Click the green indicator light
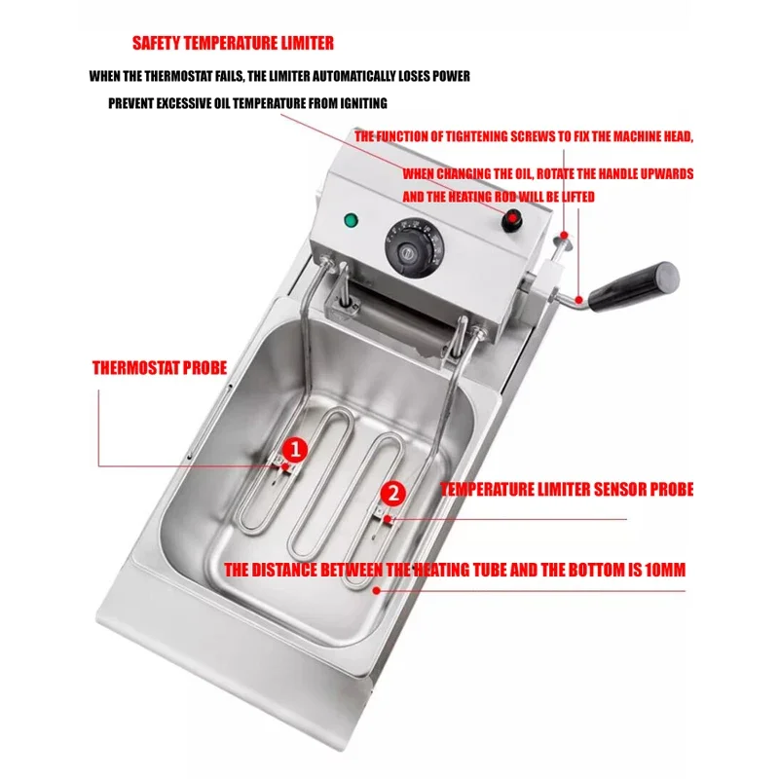pyautogui.click(x=352, y=220)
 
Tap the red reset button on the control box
pyautogui.click(x=512, y=220)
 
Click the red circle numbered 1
pyautogui.click(x=295, y=450)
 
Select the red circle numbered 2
pyautogui.click(x=393, y=494)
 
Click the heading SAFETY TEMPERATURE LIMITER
pyautogui.click(x=233, y=43)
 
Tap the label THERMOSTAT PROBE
pyautogui.click(x=160, y=368)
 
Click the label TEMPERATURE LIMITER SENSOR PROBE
pyautogui.click(x=567, y=490)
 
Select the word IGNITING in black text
pyautogui.click(x=363, y=103)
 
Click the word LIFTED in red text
pyautogui.click(x=578, y=197)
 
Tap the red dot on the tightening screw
pyautogui.click(x=564, y=235)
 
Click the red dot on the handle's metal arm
pyautogui.click(x=578, y=300)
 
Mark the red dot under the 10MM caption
pyautogui.click(x=377, y=591)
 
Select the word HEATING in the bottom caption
pyautogui.click(x=442, y=570)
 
